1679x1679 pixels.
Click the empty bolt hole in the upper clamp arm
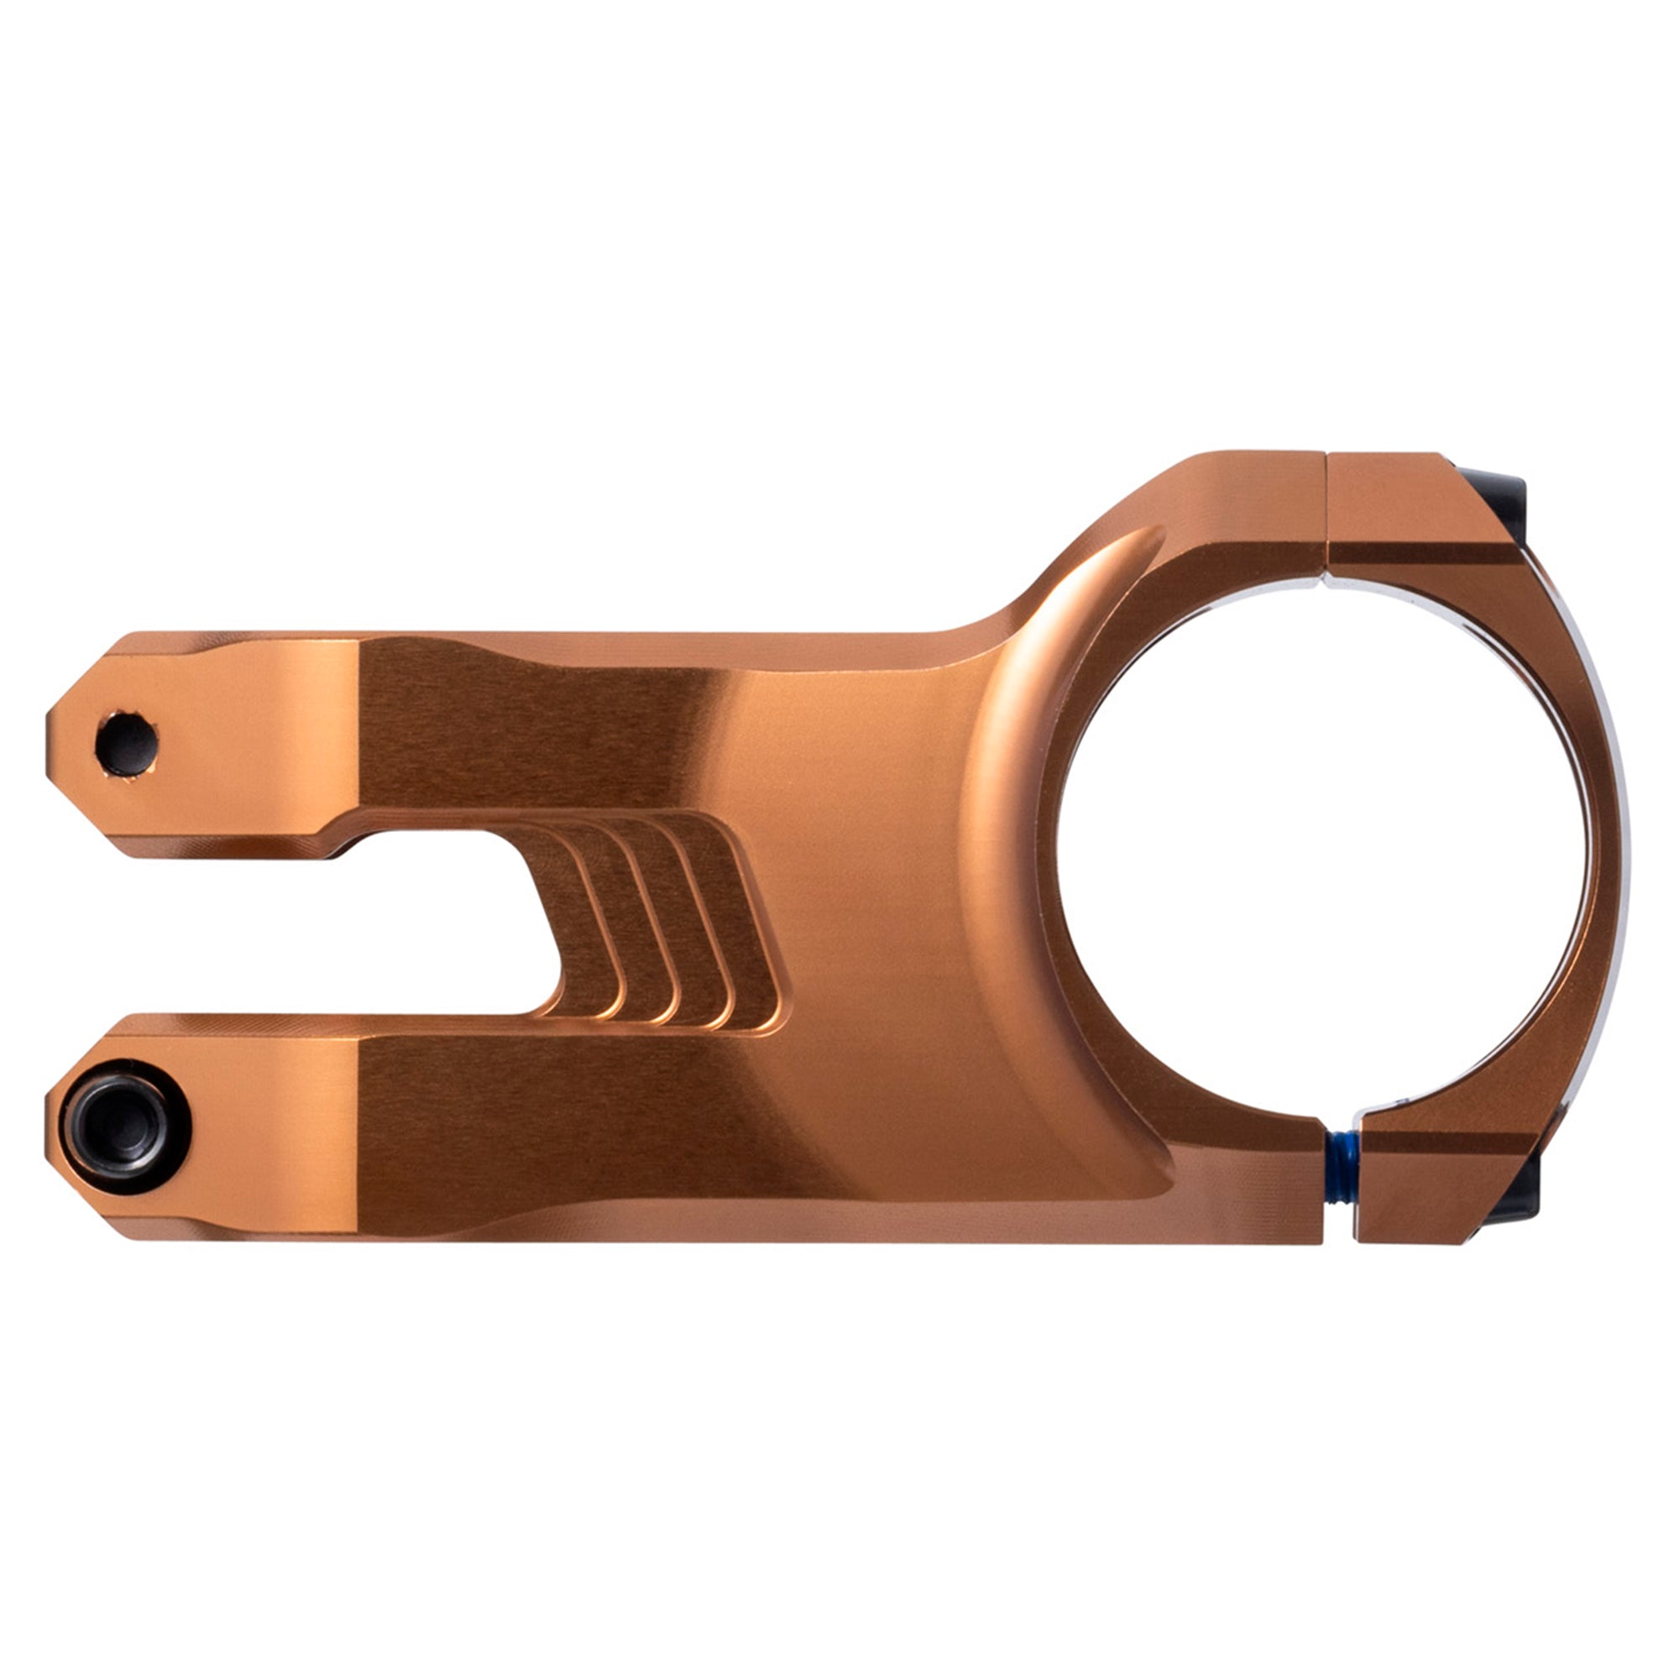[x=127, y=743]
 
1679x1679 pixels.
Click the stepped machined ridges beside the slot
[x=661, y=921]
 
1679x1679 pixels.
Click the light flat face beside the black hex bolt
[x=269, y=1130]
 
